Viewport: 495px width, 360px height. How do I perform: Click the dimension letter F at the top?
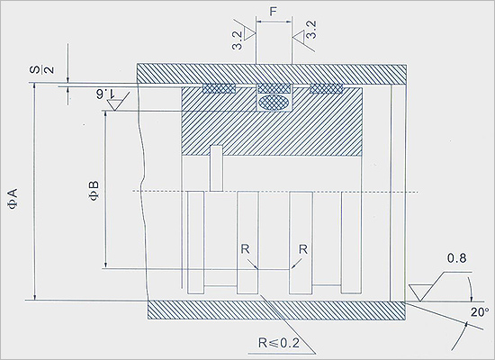pos(273,12)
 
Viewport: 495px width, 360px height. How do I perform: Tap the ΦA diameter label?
pos(13,199)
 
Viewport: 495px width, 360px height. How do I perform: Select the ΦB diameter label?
pos(94,191)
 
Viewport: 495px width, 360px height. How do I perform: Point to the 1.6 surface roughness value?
pos(106,94)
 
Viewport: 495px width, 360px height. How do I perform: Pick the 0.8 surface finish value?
pos(456,258)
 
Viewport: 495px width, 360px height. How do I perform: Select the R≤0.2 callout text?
pos(279,343)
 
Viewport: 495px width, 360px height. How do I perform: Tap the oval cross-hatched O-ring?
pos(274,103)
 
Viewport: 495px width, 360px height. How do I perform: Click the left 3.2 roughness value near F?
pos(238,40)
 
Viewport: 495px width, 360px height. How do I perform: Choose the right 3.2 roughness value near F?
pos(311,30)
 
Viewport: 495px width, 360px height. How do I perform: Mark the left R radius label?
pos(246,249)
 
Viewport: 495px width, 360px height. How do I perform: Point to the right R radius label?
pos(303,249)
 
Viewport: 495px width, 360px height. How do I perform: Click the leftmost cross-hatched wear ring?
pos(219,89)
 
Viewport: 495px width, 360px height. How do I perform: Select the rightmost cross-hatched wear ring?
pos(327,89)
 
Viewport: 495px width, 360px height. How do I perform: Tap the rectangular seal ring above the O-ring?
pos(274,89)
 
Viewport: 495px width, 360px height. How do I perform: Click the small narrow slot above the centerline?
pos(216,168)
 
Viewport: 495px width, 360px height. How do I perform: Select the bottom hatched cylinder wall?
pos(276,310)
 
